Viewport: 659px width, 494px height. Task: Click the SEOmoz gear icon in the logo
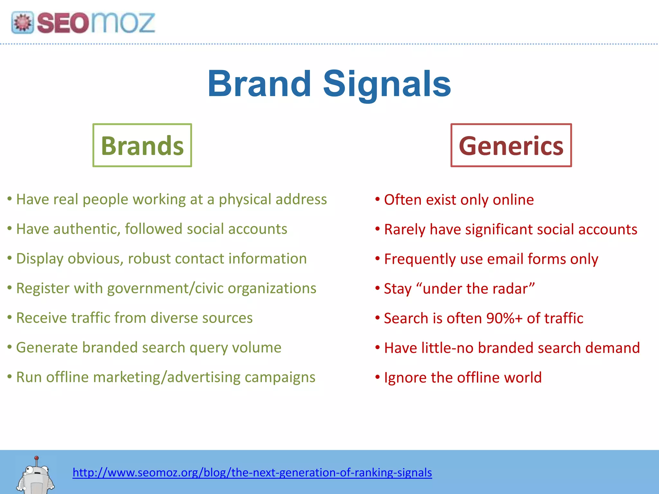23,23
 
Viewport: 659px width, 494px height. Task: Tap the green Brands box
142,145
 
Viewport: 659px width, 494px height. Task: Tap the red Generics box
511,145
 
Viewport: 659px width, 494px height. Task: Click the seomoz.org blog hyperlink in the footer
252,472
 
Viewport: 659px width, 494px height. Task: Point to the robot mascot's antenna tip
37,458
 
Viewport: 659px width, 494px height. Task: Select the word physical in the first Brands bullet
245,200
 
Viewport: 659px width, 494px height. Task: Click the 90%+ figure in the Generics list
505,318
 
